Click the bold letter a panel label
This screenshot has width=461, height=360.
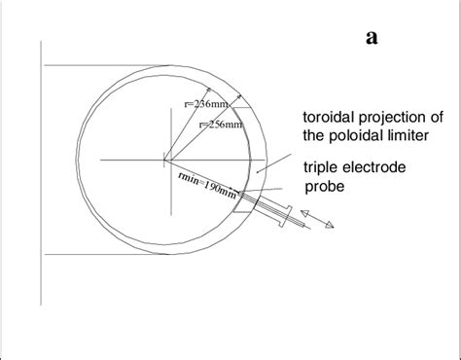[x=372, y=38]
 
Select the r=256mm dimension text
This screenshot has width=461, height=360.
[x=220, y=125]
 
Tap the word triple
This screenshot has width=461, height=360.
[x=322, y=166]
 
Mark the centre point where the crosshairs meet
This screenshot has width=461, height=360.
[x=164, y=159]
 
